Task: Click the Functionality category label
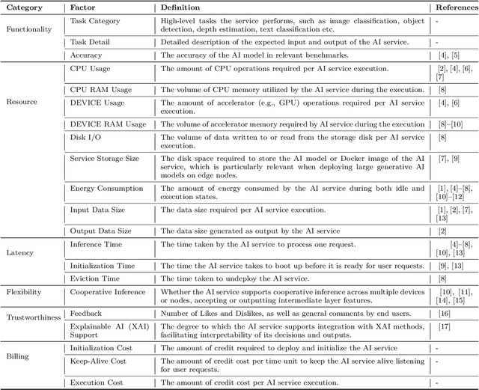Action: pos(29,29)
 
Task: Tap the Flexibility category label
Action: pos(25,293)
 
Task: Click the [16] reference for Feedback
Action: pos(442,314)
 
